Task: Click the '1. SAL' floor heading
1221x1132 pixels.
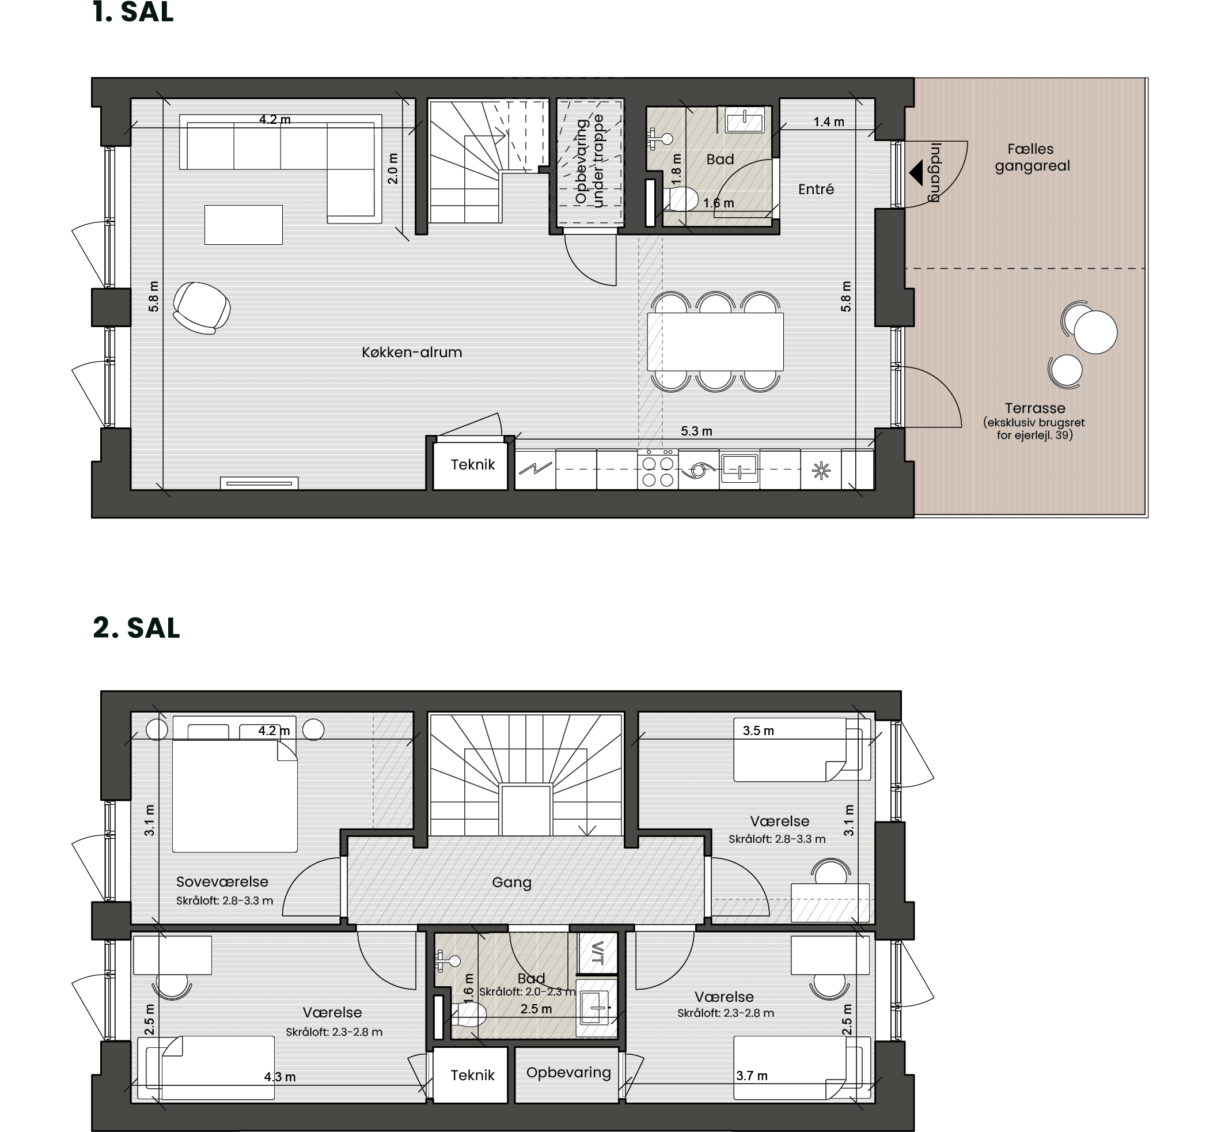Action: tap(133, 12)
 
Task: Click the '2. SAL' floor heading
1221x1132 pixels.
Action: tap(136, 628)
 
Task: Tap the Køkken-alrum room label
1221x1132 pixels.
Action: tap(411, 352)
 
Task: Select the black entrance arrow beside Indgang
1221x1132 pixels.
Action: tap(916, 173)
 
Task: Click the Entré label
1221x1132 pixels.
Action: tap(816, 190)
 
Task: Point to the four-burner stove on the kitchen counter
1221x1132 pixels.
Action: tap(658, 469)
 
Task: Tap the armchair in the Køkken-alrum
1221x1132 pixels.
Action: tap(202, 308)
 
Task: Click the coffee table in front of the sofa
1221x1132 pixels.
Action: tap(244, 225)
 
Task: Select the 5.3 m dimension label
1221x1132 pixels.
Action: tap(696, 431)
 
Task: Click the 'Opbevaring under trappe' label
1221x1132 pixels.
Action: tap(589, 161)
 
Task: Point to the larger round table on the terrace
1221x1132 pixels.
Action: tap(1095, 332)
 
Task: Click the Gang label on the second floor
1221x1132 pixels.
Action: tap(511, 883)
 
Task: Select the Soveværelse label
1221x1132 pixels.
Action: tap(222, 881)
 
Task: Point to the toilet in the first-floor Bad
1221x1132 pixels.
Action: tap(680, 199)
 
